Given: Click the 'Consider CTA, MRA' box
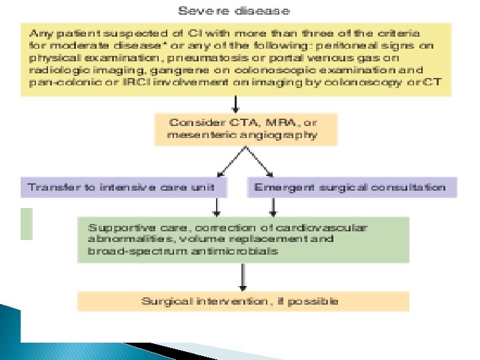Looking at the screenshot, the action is [x=246, y=129].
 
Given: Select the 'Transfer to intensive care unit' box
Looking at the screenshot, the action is [x=124, y=187].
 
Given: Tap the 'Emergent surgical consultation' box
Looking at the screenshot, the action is [x=352, y=187].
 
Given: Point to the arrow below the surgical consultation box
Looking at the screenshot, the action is [x=273, y=206].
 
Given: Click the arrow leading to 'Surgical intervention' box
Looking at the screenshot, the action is [x=243, y=277].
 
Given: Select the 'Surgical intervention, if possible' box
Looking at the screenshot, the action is [x=243, y=301].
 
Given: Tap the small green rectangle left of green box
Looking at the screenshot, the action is [x=27, y=223].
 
